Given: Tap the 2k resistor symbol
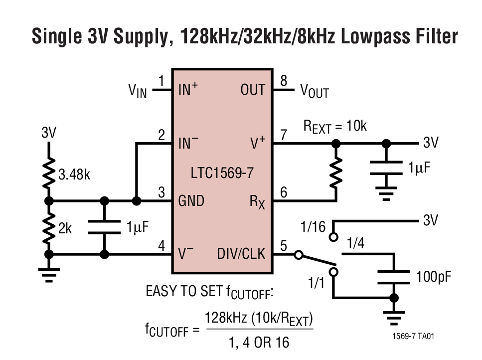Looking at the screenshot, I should (x=49, y=228).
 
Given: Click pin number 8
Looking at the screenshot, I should (x=284, y=81).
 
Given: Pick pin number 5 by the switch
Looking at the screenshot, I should (x=284, y=245).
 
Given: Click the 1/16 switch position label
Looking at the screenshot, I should (x=313, y=227).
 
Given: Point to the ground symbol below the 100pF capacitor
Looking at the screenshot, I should (x=394, y=316).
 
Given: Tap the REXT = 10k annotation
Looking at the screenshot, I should (x=335, y=127).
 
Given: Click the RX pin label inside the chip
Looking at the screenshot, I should (x=257, y=202).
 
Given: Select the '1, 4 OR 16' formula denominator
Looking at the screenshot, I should (x=259, y=343).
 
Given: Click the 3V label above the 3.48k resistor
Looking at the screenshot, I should (x=49, y=133).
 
